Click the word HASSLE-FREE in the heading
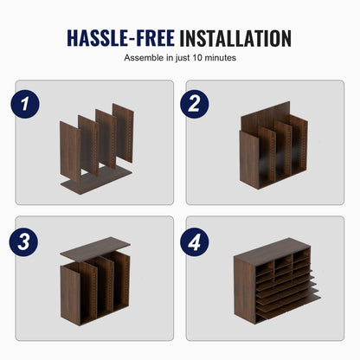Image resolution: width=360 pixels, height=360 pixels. (x=121, y=38)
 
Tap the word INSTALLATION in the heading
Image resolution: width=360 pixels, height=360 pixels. (x=235, y=38)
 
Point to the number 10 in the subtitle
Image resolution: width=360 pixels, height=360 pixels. (x=197, y=58)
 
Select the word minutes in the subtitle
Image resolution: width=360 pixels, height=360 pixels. (x=221, y=58)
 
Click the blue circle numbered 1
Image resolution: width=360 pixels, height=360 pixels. (x=25, y=104)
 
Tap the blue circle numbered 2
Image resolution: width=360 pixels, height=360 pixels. (x=195, y=104)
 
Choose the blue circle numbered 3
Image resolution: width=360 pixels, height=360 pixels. (x=23, y=241)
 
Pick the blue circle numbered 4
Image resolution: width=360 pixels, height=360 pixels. (x=195, y=241)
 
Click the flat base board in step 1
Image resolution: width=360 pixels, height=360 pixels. (x=96, y=180)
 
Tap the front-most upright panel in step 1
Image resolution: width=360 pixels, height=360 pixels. (x=70, y=152)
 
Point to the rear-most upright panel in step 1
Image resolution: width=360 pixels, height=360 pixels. (x=123, y=132)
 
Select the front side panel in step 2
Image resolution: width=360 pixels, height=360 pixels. (x=249, y=160)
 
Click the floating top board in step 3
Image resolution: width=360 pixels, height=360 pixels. (x=95, y=249)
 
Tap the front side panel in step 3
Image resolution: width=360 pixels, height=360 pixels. (x=70, y=295)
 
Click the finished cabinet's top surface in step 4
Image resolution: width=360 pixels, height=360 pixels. (x=269, y=247)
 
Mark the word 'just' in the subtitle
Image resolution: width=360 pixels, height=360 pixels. (x=183, y=58)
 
